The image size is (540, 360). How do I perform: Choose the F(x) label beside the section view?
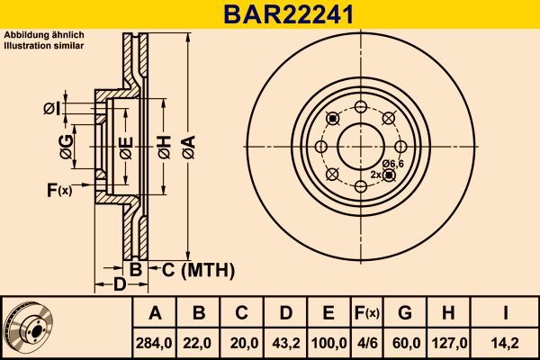point(58,189)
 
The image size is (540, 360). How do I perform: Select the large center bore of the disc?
point(359,145)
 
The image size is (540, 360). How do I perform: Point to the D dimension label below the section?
point(119,284)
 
